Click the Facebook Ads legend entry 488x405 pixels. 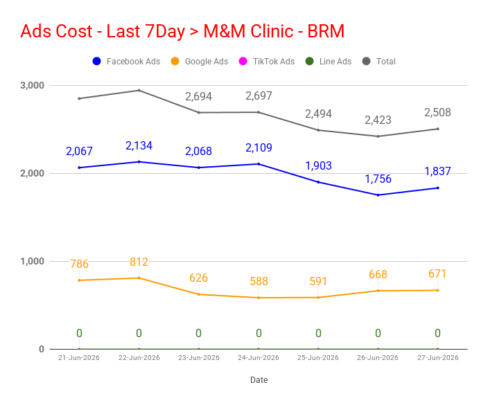[126, 61]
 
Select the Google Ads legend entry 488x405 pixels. [200, 61]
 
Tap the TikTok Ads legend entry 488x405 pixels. [267, 61]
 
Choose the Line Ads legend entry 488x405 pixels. [329, 61]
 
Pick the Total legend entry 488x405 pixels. [379, 61]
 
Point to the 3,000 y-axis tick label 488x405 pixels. [33, 85]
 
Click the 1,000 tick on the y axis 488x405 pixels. [33, 261]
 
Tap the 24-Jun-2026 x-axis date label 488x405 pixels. [259, 358]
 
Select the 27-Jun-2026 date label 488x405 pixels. [437, 358]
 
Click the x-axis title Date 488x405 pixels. [259, 380]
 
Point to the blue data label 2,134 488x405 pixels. [139, 145]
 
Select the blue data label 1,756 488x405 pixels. [378, 179]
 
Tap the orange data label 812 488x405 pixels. [139, 262]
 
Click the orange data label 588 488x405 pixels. [259, 281]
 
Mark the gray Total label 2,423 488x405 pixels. [378, 120]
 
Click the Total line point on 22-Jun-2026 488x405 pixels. [139, 91]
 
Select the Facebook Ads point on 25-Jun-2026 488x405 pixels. [318, 182]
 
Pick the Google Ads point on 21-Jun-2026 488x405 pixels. [79, 280]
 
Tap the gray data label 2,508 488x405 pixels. [437, 113]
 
